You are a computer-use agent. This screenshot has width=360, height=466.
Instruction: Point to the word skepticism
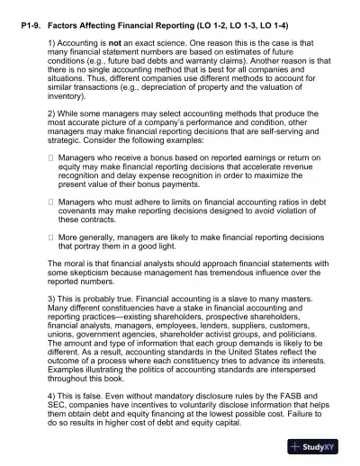coord(88,272)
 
